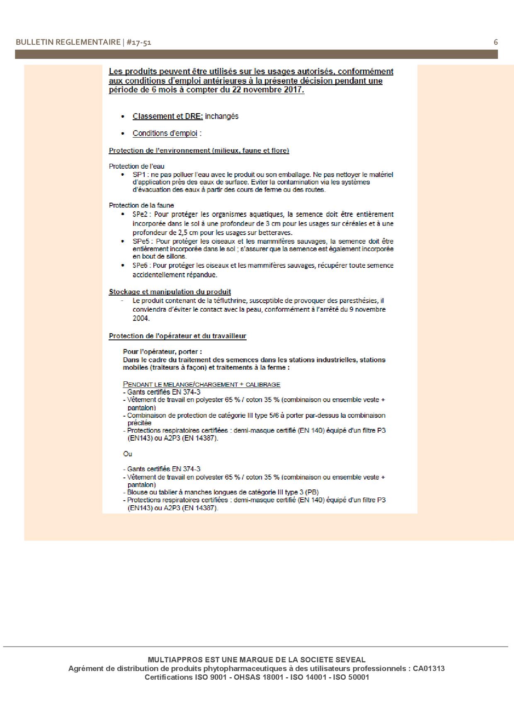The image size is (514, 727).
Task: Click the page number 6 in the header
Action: coord(496,42)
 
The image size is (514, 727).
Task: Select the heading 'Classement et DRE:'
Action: coord(167,116)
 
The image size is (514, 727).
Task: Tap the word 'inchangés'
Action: coord(222,116)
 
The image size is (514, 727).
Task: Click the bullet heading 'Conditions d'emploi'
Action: coord(165,133)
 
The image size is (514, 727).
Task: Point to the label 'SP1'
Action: coord(138,174)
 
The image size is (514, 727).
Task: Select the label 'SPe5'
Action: coord(140,241)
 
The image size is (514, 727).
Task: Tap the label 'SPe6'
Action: coord(140,266)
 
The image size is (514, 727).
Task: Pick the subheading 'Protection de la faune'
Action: coord(141,205)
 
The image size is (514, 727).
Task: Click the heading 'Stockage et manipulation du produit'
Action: coord(170,292)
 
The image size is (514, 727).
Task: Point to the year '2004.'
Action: coord(141,318)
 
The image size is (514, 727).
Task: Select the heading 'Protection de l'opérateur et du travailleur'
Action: coord(177,336)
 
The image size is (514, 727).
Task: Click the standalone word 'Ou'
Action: coord(127,454)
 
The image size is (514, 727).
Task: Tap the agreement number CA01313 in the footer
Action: coord(429,669)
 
